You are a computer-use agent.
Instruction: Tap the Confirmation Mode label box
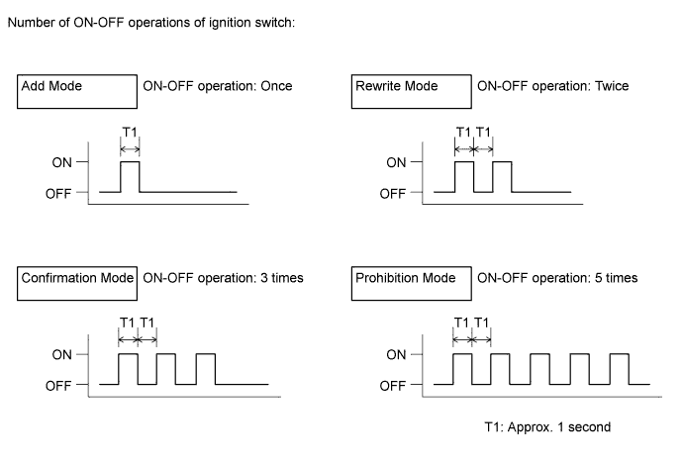point(76,281)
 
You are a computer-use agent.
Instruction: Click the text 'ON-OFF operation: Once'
point(218,86)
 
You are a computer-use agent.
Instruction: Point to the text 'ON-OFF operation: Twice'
point(552,86)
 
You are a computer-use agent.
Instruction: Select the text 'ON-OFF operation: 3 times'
point(223,278)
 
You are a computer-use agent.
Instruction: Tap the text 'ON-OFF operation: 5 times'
point(556,278)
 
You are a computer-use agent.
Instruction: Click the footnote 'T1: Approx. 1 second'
point(546,427)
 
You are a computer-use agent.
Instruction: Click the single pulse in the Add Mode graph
point(130,176)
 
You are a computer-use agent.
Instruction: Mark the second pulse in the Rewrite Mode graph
point(502,176)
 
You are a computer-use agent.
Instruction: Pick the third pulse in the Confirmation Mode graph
point(205,368)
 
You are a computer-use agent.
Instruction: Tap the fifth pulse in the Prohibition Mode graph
point(617,368)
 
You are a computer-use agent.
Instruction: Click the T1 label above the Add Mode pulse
point(129,131)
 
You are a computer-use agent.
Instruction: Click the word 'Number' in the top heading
point(31,23)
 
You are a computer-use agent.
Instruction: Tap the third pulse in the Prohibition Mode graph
point(539,368)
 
